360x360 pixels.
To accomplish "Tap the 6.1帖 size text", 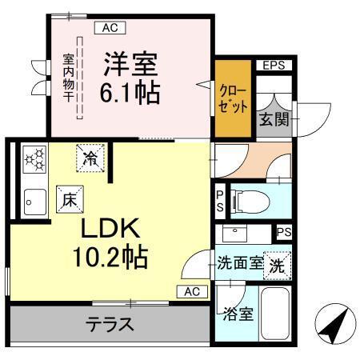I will point(130,91).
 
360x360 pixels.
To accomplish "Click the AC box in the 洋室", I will point(110,27).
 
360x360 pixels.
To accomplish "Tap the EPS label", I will point(274,65).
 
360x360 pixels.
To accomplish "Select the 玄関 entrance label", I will point(268,119).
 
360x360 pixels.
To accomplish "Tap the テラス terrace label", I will point(110,326).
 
